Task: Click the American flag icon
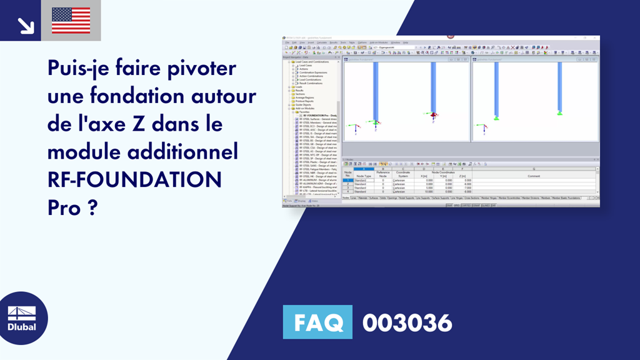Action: [x=71, y=20]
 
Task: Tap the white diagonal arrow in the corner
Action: [x=25, y=25]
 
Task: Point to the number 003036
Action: [x=407, y=323]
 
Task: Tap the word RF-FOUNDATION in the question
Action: [x=134, y=179]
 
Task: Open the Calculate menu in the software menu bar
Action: [x=322, y=42]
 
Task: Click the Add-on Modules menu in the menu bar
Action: [x=379, y=42]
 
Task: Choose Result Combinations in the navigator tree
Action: [x=310, y=83]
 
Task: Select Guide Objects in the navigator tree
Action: [x=306, y=104]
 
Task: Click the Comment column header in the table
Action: [x=533, y=176]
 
